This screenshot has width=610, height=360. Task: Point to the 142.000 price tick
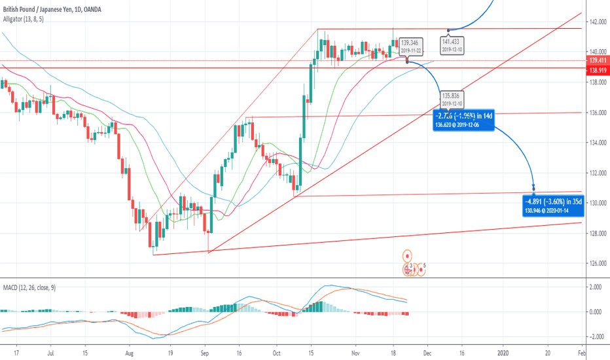click(596, 22)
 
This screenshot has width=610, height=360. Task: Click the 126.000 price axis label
click(596, 264)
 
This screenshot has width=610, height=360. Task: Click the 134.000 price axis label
click(596, 143)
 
